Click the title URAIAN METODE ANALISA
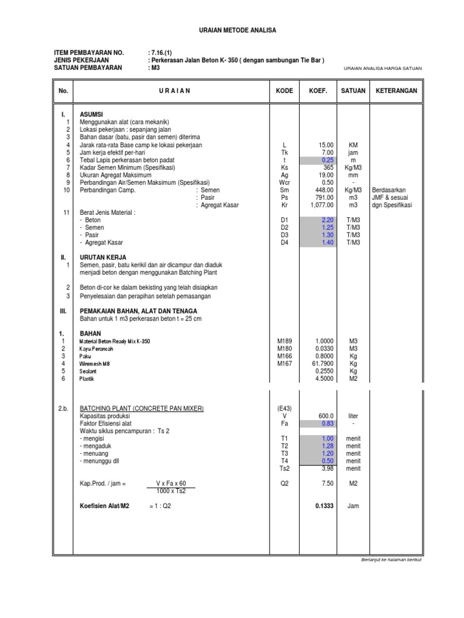[232, 30]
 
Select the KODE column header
[285, 91]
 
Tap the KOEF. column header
[318, 91]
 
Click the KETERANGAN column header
[396, 91]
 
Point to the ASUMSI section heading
[91, 114]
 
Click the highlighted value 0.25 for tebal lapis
[327, 160]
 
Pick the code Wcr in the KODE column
[285, 182]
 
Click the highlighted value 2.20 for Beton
[327, 220]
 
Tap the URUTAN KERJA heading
[103, 257]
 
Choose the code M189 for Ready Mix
[285, 341]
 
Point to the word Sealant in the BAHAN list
[89, 371]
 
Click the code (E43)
[285, 409]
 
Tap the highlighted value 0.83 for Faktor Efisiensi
[327, 424]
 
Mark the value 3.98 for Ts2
[327, 468]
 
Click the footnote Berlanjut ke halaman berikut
[390, 559]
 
